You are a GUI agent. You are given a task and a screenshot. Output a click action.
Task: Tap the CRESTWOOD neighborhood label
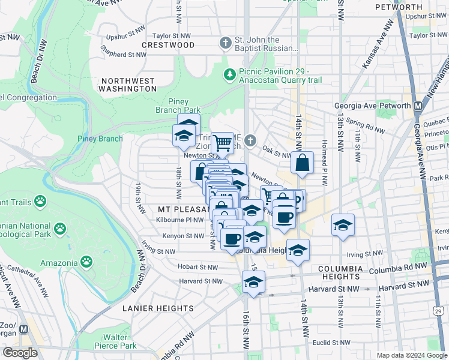tap(168, 45)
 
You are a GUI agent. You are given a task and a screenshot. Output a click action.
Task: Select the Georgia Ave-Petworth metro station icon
tap(419, 105)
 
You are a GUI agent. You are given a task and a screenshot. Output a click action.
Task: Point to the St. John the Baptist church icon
tap(225, 43)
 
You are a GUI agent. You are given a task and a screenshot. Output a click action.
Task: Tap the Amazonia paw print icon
tap(88, 262)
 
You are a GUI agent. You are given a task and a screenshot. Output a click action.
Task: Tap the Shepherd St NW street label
tap(124, 55)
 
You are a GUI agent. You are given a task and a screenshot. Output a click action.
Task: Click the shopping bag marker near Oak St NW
tap(302, 162)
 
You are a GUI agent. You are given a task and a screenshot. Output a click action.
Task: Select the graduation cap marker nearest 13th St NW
tap(343, 225)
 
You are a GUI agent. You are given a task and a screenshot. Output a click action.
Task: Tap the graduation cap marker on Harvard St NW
tap(253, 282)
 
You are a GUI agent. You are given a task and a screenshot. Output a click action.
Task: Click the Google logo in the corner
tap(20, 353)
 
